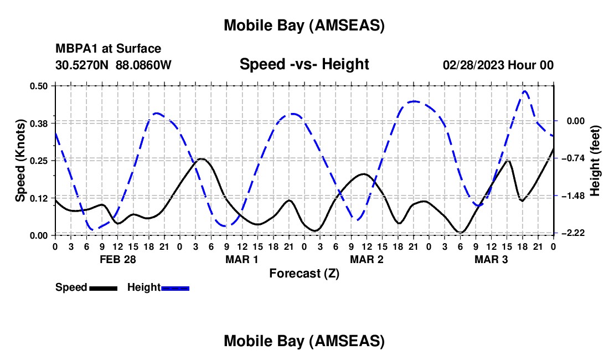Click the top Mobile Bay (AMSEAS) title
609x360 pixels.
pyautogui.click(x=304, y=25)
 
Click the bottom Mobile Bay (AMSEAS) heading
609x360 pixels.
pyautogui.click(x=304, y=341)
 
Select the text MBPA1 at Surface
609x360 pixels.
pyautogui.click(x=109, y=49)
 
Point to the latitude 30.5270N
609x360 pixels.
pyautogui.click(x=83, y=65)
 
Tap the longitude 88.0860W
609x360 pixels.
pyautogui.click(x=144, y=65)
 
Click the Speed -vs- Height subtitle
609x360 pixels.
pyautogui.click(x=304, y=65)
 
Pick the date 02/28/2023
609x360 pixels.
pyautogui.click(x=473, y=65)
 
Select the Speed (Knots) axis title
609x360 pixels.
pyautogui.click(x=20, y=161)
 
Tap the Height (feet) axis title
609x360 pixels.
pyautogui.click(x=595, y=161)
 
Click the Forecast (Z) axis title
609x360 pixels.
pyautogui.click(x=304, y=273)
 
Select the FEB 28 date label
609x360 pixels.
pyautogui.click(x=118, y=259)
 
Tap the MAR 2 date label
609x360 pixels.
pyautogui.click(x=367, y=259)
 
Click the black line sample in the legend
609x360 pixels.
pyautogui.click(x=102, y=288)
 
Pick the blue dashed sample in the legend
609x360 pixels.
pyautogui.click(x=176, y=288)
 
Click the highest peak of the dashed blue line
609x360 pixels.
pyautogui.click(x=524, y=91)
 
